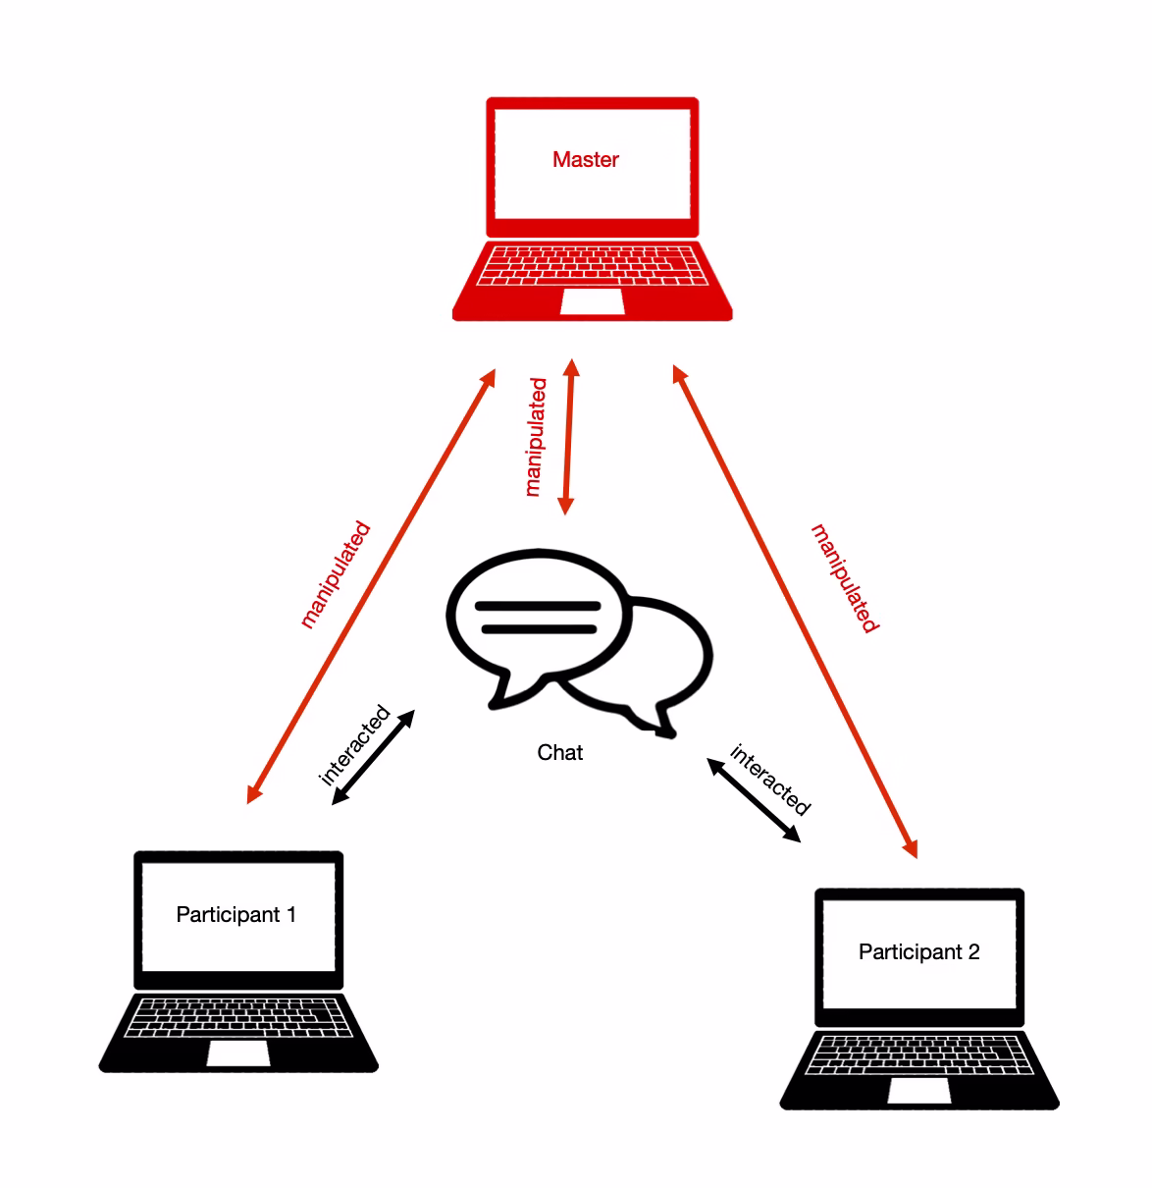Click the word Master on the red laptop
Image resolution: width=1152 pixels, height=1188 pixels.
tap(585, 159)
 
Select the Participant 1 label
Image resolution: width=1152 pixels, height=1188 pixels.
tap(236, 914)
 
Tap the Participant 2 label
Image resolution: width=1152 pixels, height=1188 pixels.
tap(918, 951)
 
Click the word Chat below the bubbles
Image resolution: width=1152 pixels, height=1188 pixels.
tap(560, 752)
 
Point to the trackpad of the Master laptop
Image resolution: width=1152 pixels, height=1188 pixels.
tap(592, 301)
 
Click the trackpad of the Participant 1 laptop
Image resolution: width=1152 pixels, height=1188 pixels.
tap(238, 1053)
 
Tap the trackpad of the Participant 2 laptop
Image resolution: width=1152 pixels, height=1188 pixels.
tap(918, 1091)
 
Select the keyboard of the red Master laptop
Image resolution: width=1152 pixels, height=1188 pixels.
tap(592, 265)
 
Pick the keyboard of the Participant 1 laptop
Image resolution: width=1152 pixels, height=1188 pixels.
tap(238, 1016)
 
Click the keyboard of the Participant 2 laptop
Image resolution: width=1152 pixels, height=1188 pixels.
tap(918, 1053)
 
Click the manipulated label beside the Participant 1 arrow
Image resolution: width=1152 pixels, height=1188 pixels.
tap(336, 575)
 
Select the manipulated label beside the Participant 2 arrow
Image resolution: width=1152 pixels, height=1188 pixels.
tap(845, 578)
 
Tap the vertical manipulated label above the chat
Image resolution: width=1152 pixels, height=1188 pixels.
tap(535, 437)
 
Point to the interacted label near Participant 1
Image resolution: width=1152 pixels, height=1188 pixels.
tap(354, 745)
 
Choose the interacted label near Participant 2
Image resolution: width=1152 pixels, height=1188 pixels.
tap(771, 780)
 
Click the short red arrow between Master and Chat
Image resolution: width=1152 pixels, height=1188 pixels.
tap(568, 437)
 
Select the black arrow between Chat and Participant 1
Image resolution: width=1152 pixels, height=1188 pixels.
tap(373, 757)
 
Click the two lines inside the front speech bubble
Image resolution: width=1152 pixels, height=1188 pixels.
tap(537, 617)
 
